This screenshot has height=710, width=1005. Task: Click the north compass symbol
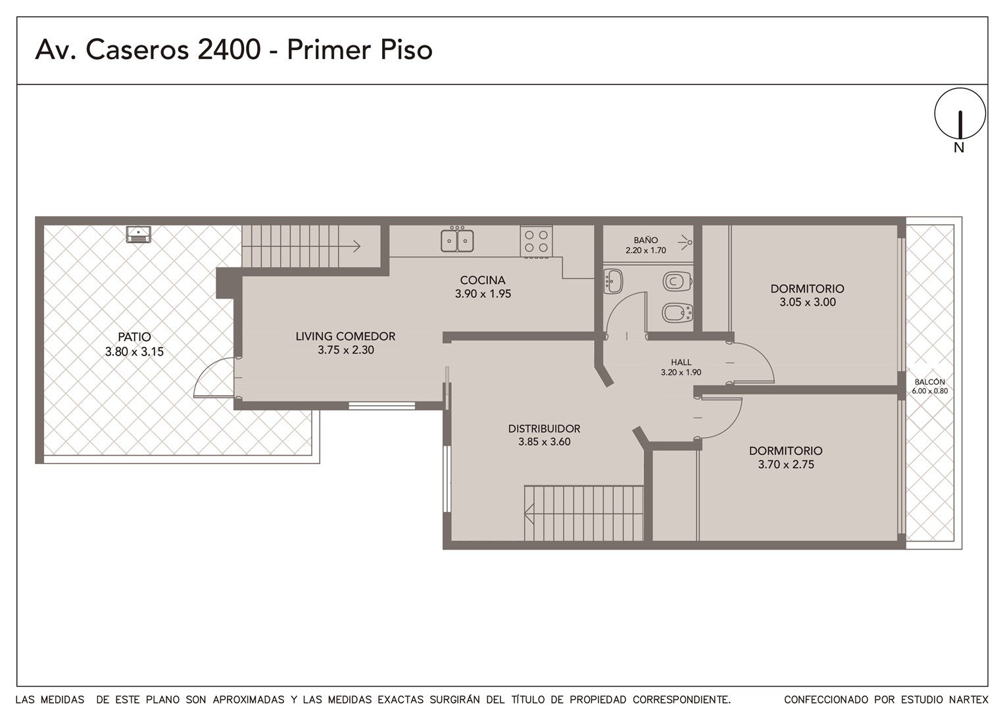(x=960, y=114)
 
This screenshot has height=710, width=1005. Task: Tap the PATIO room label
(x=134, y=337)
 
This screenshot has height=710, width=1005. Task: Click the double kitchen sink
(x=457, y=239)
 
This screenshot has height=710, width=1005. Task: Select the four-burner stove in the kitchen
(x=536, y=242)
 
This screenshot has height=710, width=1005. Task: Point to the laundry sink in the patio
(x=139, y=234)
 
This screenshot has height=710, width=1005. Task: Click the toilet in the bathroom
(x=677, y=281)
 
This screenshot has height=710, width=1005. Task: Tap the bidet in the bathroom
(x=677, y=313)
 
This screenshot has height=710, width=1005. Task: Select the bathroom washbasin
(x=613, y=281)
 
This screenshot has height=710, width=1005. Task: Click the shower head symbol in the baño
(x=685, y=242)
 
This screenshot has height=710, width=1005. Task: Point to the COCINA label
(x=483, y=280)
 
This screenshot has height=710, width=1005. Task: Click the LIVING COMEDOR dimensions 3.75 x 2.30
(x=345, y=350)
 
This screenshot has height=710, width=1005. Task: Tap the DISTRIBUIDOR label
(x=544, y=429)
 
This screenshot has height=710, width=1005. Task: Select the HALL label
(x=681, y=362)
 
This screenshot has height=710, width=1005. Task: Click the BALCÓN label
(x=929, y=382)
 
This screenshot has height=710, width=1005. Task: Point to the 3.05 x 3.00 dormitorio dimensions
(x=808, y=302)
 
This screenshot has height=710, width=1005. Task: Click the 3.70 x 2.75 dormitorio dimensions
(x=786, y=464)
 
